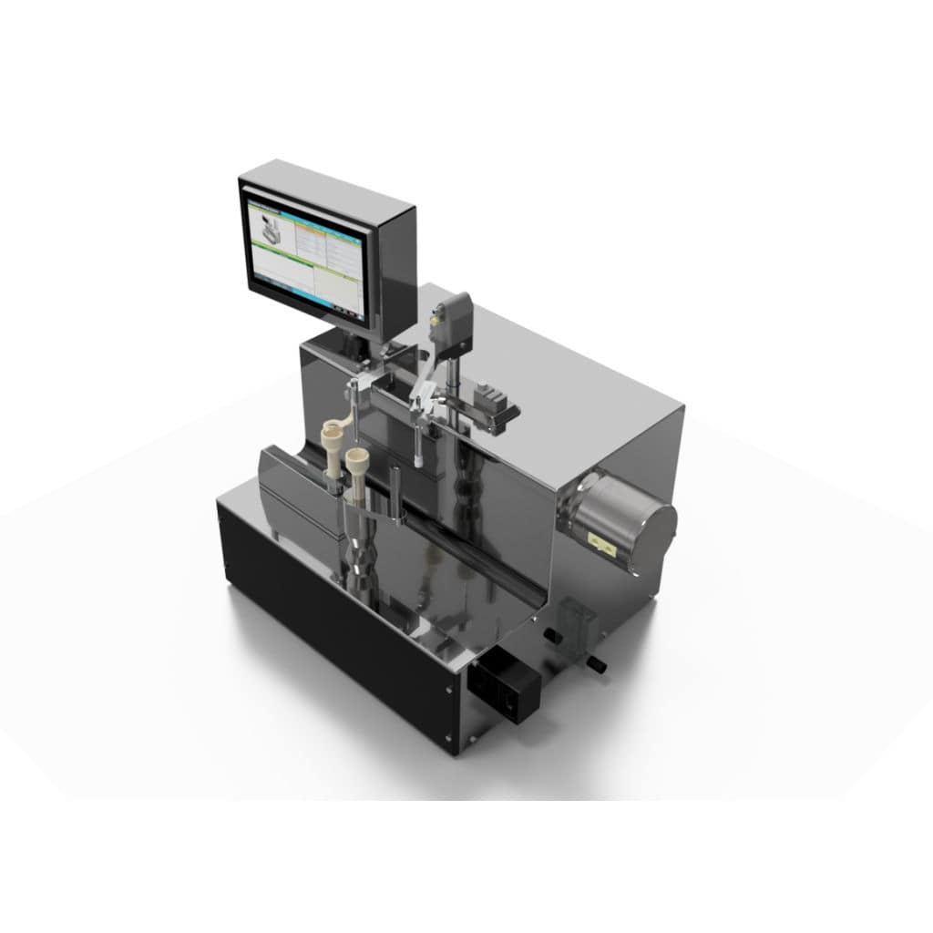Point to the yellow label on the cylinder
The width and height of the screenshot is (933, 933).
603,542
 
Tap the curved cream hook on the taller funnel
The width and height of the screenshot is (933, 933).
338,425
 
